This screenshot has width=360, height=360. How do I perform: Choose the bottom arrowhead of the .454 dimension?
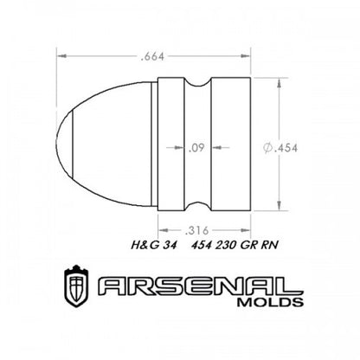point(279,208)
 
